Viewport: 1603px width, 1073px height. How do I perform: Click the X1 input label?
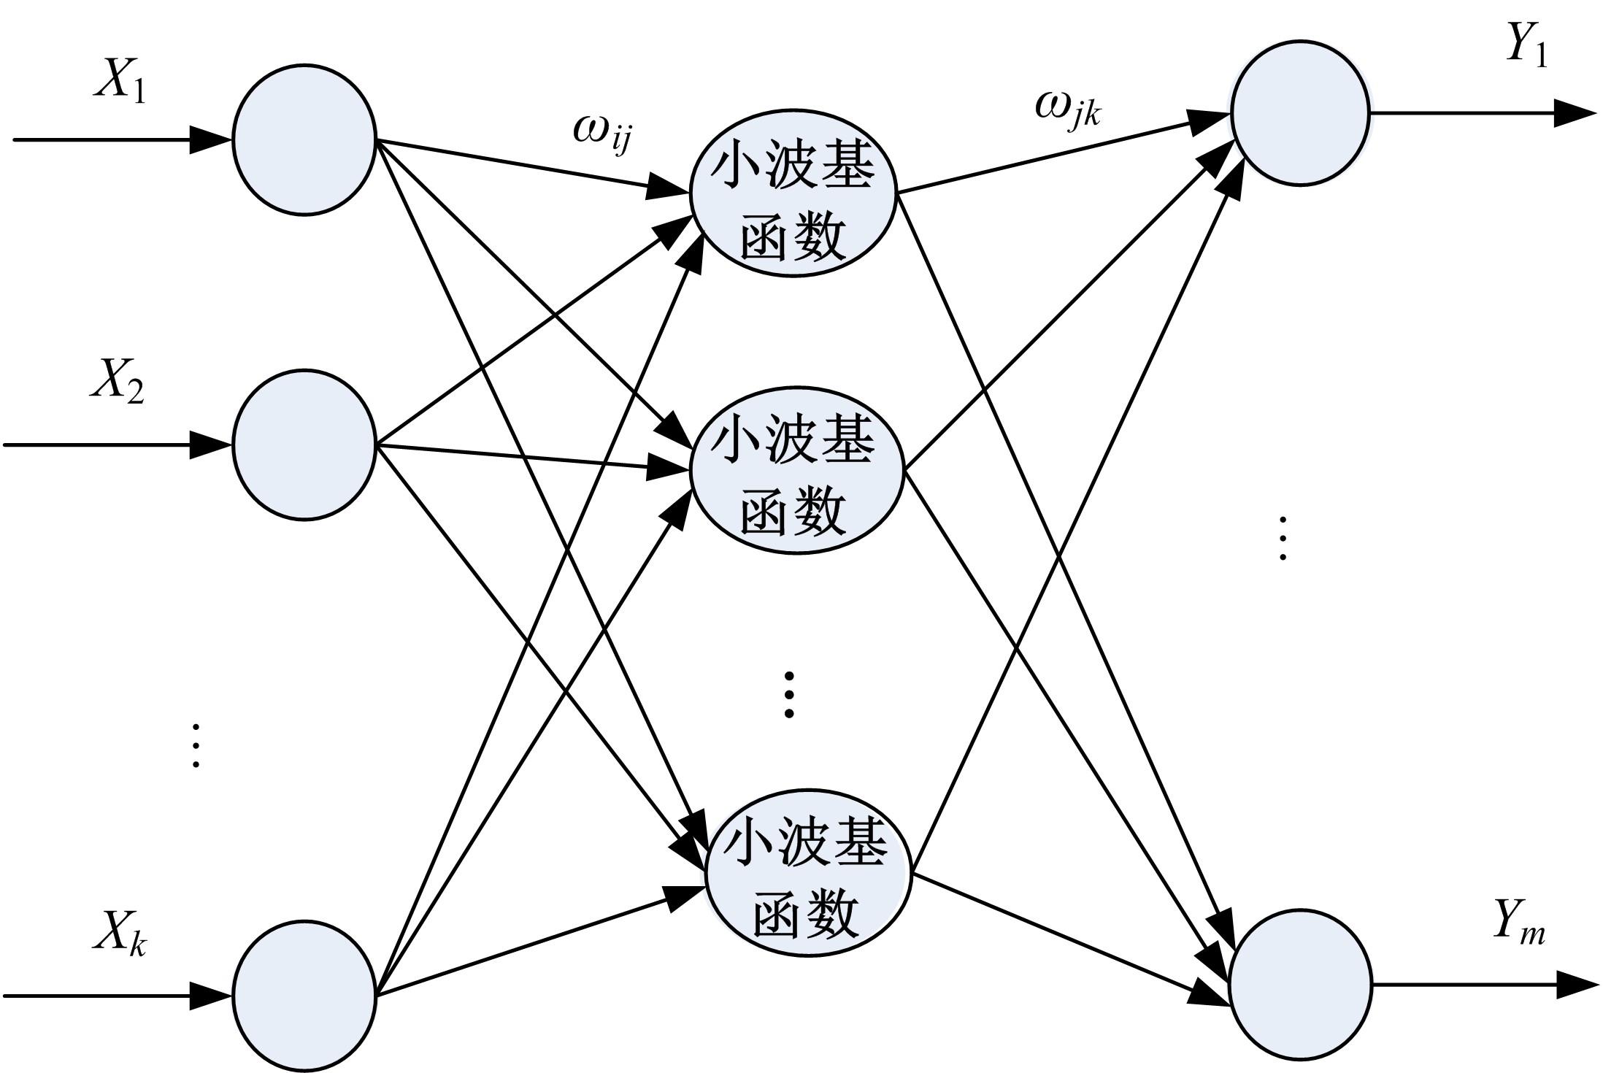(120, 82)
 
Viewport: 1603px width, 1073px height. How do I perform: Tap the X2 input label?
(117, 382)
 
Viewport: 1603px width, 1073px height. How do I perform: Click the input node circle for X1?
(304, 139)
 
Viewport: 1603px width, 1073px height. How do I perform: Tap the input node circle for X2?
(304, 445)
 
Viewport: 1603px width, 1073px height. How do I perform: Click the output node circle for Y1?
(1299, 113)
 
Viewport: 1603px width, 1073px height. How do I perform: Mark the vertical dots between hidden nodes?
(788, 693)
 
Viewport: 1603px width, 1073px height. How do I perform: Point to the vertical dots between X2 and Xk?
(195, 745)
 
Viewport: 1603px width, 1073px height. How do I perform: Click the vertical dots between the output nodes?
(1283, 538)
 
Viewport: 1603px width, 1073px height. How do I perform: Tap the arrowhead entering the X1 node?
(212, 139)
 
